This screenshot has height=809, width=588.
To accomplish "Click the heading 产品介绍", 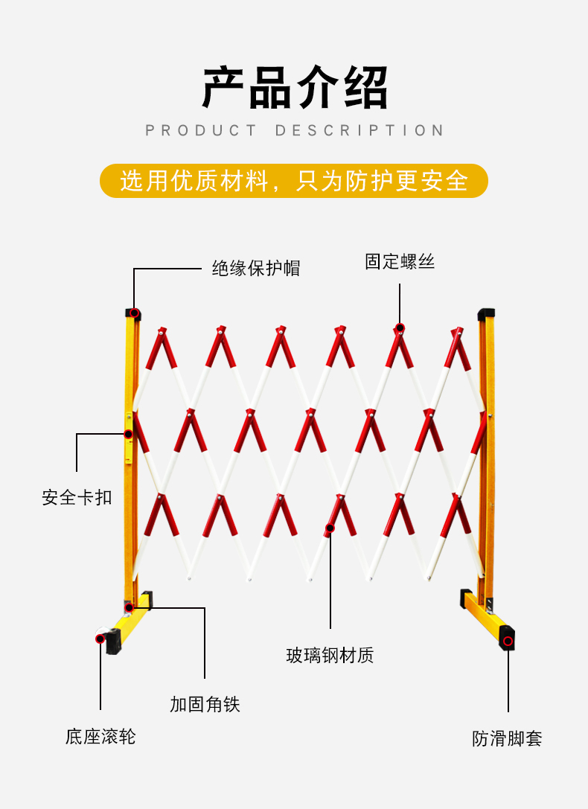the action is [295, 88].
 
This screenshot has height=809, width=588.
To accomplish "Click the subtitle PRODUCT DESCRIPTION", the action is [295, 130].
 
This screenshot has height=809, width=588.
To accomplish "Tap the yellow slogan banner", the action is [294, 181].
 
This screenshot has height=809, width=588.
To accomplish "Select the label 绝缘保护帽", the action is [256, 268].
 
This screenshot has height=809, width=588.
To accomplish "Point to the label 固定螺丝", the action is [400, 261].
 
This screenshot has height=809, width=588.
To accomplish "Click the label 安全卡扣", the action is [77, 497].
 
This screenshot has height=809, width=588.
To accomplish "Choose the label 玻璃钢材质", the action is [330, 655].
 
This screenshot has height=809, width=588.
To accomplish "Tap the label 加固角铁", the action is [205, 704].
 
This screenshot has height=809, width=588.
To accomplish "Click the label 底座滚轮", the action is [100, 737].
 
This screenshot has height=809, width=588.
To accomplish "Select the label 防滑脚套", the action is [507, 738].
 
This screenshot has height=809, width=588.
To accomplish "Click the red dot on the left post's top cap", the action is [134, 313].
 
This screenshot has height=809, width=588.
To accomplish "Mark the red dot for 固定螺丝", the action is [400, 327].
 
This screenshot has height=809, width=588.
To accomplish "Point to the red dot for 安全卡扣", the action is [129, 435].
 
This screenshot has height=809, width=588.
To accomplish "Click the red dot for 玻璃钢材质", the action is [330, 528].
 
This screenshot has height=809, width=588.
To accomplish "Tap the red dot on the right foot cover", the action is [508, 642].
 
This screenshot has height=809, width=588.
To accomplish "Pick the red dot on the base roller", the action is [100, 639].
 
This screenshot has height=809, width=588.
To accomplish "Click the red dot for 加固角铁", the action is [130, 608].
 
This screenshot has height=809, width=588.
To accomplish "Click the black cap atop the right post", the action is [486, 313].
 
